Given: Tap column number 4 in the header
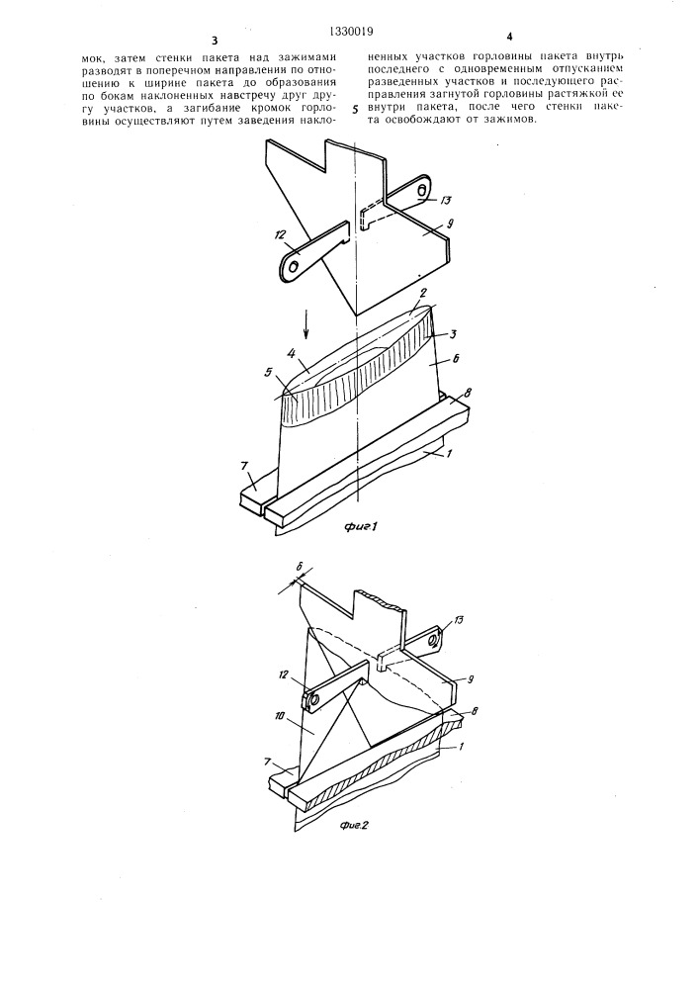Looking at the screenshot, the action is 508,37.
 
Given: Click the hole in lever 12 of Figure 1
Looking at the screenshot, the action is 292,265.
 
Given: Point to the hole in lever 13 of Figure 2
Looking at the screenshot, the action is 434,640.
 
